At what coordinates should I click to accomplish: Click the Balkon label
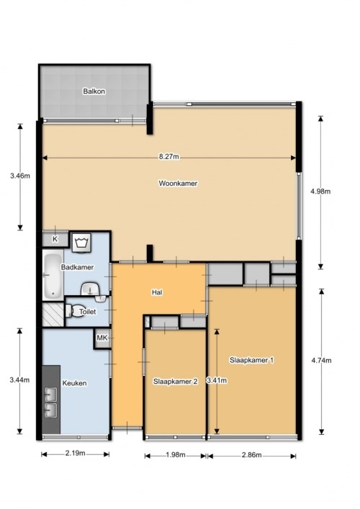94,91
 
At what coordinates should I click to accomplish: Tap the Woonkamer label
178,184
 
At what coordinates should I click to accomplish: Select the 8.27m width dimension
168,157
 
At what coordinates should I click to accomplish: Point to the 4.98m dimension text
320,192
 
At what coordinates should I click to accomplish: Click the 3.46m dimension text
20,176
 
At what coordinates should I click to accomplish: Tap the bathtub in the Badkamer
53,276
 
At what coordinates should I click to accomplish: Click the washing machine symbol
81,243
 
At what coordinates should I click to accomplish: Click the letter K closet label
55,239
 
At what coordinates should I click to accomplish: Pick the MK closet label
102,338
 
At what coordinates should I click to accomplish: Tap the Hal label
157,292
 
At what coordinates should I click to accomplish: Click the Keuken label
74,383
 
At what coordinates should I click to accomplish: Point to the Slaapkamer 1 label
251,360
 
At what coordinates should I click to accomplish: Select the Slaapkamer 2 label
175,382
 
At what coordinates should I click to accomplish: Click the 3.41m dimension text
217,380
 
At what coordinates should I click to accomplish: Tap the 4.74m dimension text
321,360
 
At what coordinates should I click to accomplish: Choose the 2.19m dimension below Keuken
76,453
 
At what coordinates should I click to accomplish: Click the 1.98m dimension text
175,455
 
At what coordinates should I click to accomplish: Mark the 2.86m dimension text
251,455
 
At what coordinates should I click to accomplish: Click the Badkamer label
77,267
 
